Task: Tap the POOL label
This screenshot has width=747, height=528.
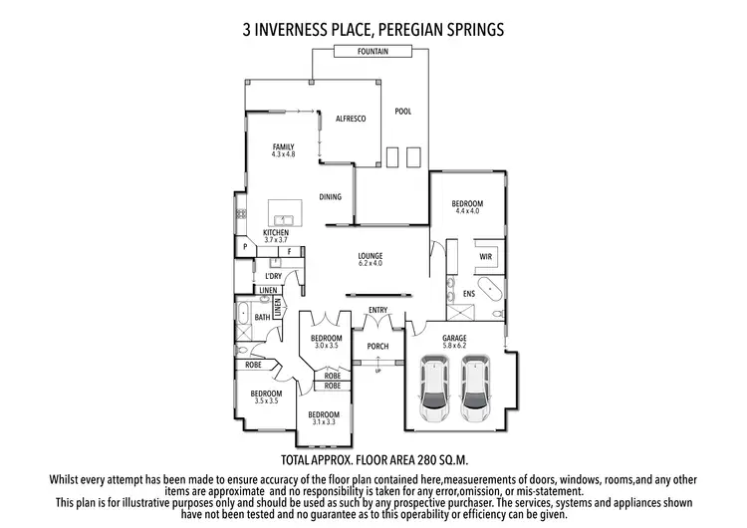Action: tap(402, 111)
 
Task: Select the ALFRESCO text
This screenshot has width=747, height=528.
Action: tap(351, 119)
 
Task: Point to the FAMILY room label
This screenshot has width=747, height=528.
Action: tap(284, 146)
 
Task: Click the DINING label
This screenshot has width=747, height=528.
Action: tap(331, 197)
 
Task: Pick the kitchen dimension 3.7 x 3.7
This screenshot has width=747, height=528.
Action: tap(276, 240)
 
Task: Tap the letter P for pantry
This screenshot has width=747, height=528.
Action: tap(243, 247)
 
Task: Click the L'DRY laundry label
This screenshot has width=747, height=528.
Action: tap(274, 275)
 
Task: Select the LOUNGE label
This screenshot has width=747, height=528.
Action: tap(371, 256)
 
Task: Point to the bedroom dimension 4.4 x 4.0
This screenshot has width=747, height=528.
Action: tap(467, 211)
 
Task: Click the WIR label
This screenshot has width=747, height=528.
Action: tap(486, 256)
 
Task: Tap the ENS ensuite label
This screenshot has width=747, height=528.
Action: tap(469, 294)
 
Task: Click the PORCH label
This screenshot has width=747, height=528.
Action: tap(376, 347)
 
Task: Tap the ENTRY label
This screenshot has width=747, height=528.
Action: tap(377, 310)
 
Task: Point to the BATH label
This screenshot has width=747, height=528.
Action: tap(262, 317)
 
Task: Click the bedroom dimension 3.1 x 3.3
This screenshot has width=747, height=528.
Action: tap(324, 421)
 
